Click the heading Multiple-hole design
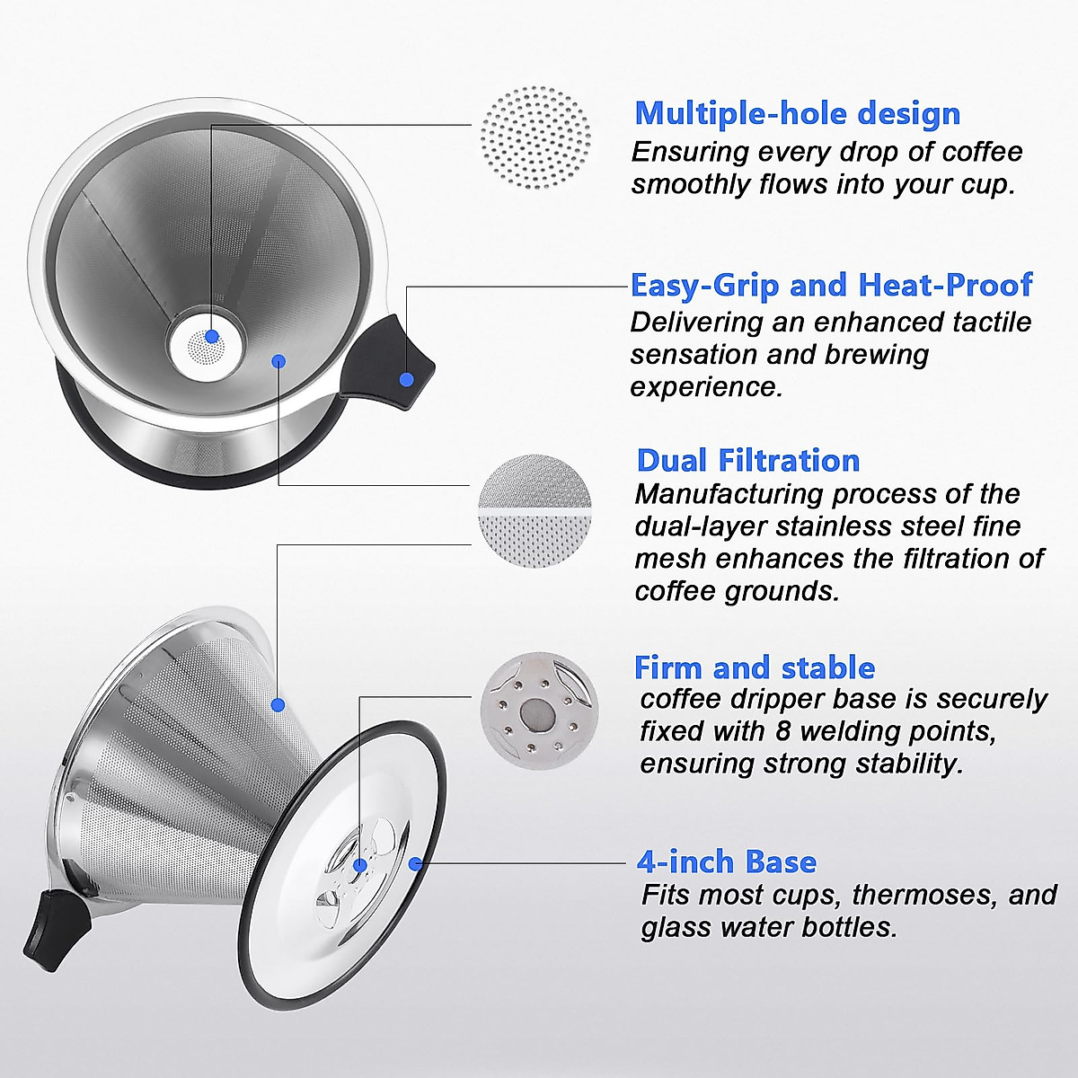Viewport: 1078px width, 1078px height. point(797,114)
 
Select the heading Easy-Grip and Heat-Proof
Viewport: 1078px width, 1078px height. point(831,285)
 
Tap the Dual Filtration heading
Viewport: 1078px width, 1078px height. point(747,460)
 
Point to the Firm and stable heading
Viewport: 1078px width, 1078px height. point(754,667)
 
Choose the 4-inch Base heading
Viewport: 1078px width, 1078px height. point(726,862)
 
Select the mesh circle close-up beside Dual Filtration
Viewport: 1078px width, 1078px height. point(536,513)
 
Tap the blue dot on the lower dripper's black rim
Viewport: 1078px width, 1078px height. point(415,864)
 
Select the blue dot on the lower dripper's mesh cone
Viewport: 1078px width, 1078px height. point(278,704)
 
